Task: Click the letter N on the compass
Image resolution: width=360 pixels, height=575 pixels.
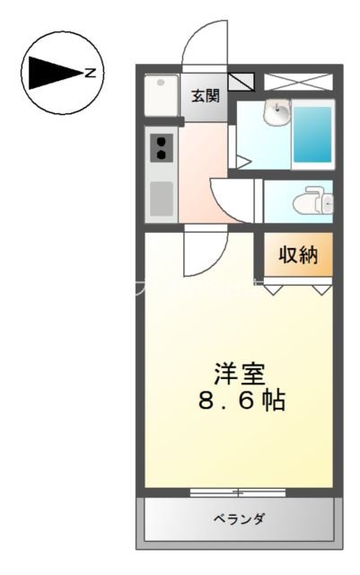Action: pos(90,74)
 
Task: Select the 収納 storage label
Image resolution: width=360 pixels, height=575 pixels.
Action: pos(297,255)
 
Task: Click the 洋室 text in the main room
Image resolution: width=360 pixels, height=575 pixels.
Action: pos(239,371)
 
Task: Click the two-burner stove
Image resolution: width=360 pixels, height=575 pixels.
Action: pos(161,146)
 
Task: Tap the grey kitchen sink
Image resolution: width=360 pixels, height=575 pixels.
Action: pos(162,198)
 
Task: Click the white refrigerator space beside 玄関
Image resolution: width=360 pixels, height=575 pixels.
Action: pos(162,97)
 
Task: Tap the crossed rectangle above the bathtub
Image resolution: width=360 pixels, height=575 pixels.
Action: pos(298,82)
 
